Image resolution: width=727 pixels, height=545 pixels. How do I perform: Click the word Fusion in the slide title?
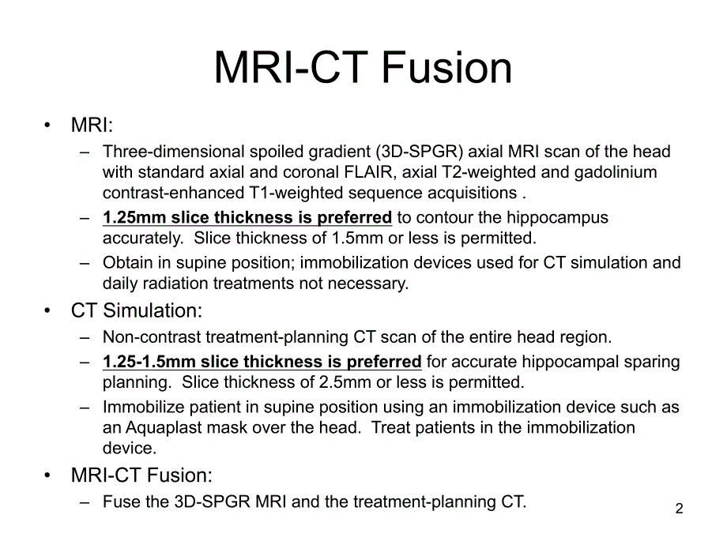pyautogui.click(x=446, y=68)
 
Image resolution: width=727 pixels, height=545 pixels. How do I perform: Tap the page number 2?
pyautogui.click(x=680, y=509)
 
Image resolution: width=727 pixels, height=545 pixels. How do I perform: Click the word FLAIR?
pyautogui.click(x=368, y=172)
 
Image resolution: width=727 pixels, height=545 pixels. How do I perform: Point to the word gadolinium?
pyautogui.click(x=616, y=172)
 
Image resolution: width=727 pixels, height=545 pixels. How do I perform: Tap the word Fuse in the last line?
pyautogui.click(x=119, y=502)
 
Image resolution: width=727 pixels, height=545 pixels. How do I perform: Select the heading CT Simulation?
pyautogui.click(x=136, y=310)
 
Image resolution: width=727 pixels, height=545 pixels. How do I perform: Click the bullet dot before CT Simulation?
pyautogui.click(x=47, y=311)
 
